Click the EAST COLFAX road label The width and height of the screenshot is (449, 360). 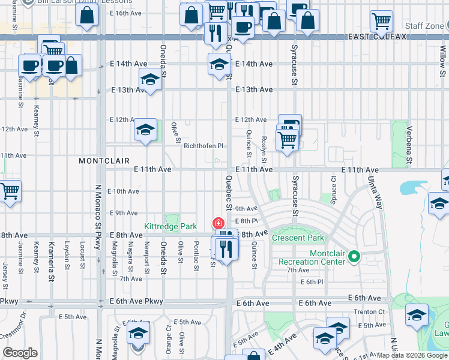[378, 37]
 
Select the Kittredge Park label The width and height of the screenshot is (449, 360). [170, 227]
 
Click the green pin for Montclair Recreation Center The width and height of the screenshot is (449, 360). [354, 257]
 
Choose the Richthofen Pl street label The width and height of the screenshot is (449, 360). [203, 146]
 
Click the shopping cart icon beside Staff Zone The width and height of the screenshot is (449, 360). [381, 22]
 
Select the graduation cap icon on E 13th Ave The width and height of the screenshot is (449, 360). [150, 79]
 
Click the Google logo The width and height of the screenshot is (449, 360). [20, 353]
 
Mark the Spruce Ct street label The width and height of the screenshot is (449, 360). [333, 182]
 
